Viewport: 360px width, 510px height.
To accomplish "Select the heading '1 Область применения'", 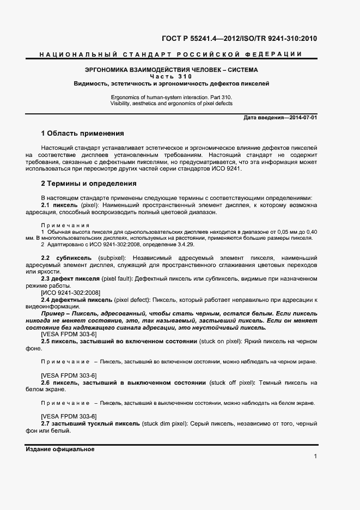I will pyautogui.click(x=83, y=133).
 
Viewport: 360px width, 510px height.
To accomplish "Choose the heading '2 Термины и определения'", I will pyautogui.click(x=89, y=184).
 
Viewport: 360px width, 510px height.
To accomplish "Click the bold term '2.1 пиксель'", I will pyautogui.click(x=60, y=204).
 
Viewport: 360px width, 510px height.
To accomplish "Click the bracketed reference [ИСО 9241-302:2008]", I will pyautogui.click(x=71, y=293).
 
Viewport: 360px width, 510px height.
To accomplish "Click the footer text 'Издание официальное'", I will pyautogui.click(x=60, y=450).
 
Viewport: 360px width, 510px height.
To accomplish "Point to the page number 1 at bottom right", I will pyautogui.click(x=315, y=457).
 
